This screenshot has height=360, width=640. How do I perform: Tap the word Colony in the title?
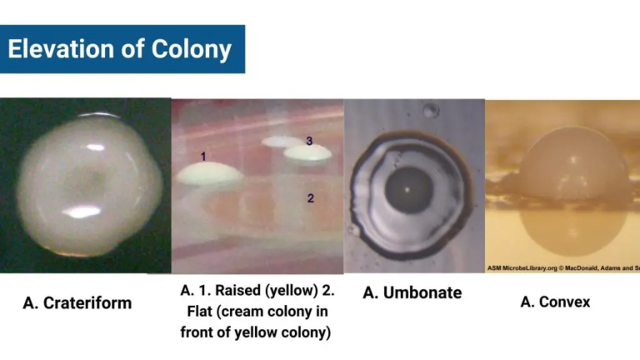pos(191,49)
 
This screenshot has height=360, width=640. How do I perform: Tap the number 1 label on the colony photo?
pos(203,156)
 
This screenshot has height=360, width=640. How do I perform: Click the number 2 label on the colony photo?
pos(310,198)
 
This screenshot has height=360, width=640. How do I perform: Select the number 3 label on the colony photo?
pos(309,142)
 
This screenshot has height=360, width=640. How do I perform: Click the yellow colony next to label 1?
pos(211,173)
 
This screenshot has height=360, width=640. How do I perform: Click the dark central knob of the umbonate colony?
pos(407,189)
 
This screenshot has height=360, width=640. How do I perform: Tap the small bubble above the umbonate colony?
pos(429,110)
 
